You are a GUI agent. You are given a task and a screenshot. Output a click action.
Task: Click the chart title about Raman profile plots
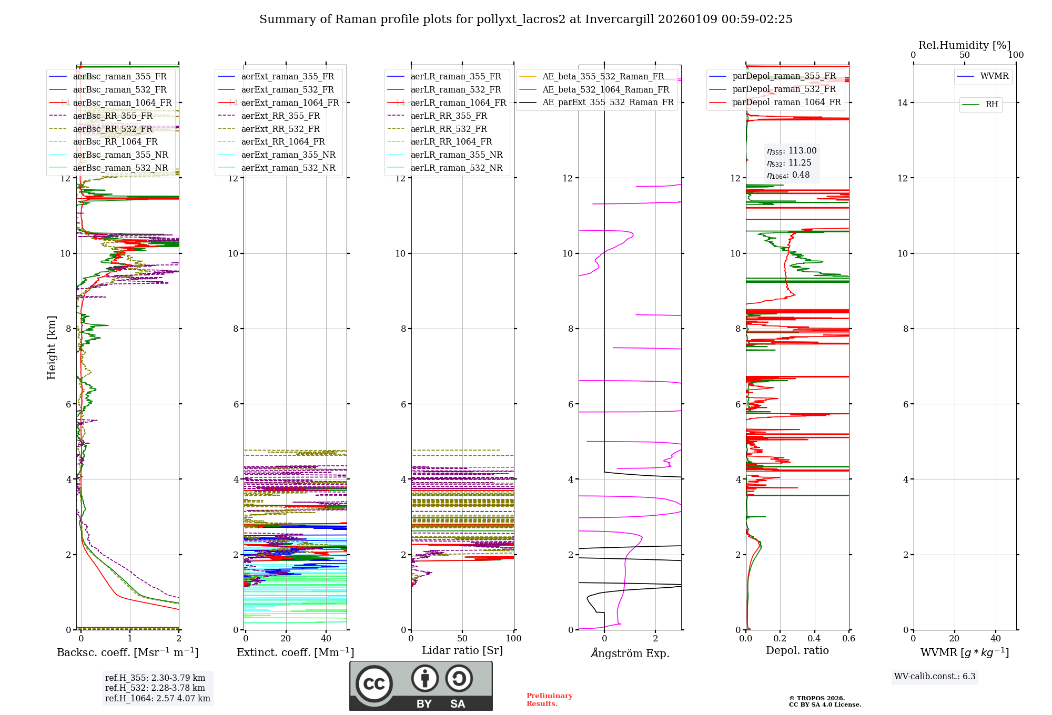(525, 19)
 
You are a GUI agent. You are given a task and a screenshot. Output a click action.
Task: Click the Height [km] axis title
(52, 347)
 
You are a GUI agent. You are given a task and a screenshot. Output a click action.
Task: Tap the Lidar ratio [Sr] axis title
(462, 650)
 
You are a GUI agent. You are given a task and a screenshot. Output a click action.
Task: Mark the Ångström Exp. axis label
(630, 653)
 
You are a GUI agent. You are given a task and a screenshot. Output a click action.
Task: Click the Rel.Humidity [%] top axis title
(964, 45)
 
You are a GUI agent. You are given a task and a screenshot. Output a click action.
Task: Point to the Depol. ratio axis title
(797, 650)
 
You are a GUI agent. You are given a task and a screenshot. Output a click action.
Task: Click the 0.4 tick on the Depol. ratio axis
(814, 638)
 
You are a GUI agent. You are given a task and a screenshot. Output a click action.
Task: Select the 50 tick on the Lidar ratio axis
(462, 638)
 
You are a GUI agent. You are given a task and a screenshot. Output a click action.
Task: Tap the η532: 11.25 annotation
(789, 163)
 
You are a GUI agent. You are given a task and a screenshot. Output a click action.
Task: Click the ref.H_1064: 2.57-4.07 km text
(157, 698)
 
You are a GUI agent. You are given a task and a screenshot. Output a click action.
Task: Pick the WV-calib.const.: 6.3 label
(935, 676)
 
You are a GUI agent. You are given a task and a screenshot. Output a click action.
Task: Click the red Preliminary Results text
(549, 699)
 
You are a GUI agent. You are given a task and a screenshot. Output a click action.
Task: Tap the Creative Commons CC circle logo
(374, 684)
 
